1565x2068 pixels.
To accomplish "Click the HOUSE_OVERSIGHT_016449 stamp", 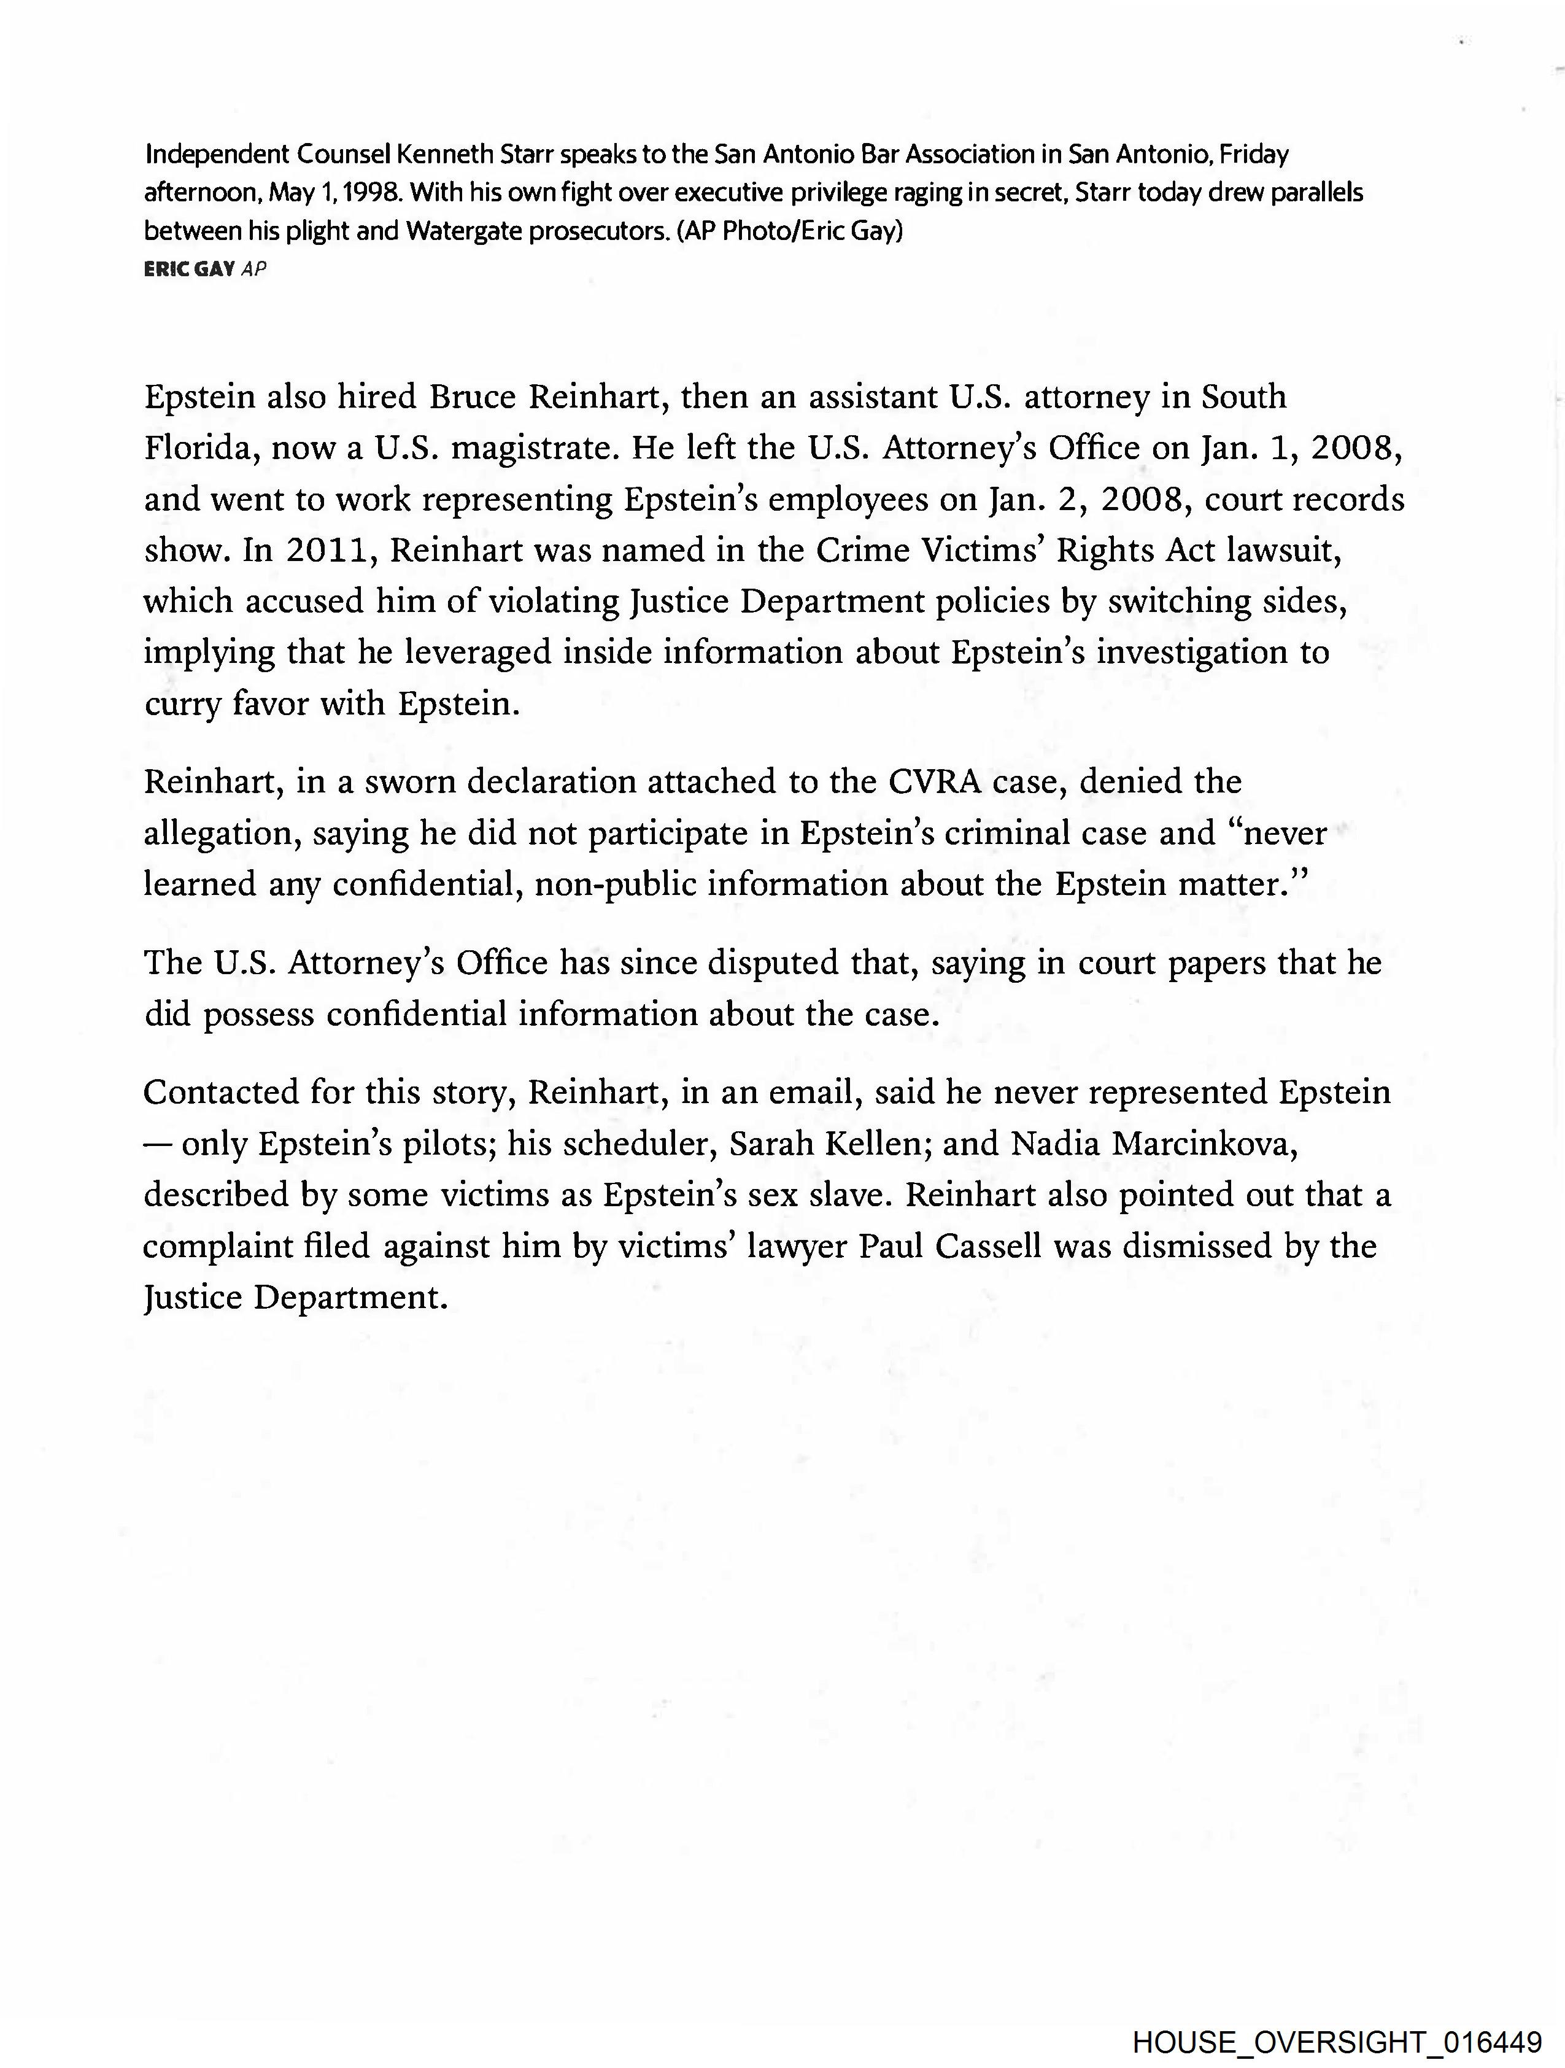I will (1337, 2041).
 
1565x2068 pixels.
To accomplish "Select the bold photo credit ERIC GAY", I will (189, 269).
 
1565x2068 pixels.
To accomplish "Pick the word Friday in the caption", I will (1254, 153).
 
